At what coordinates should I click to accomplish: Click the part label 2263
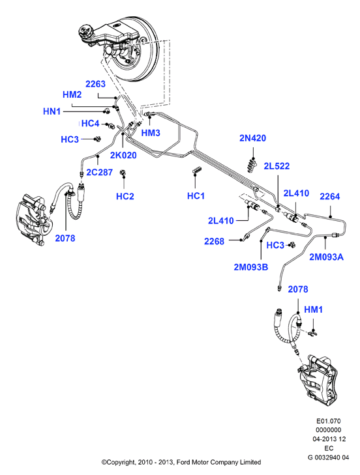(x=95, y=84)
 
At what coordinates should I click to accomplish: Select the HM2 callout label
(x=72, y=94)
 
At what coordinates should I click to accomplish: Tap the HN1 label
(x=52, y=111)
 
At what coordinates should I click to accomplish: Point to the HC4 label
(x=91, y=123)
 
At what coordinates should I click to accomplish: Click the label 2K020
(x=123, y=155)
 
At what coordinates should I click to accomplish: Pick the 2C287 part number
(x=100, y=172)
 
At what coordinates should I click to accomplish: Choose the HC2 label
(x=125, y=196)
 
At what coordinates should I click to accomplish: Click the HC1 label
(x=196, y=196)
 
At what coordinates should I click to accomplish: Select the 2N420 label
(x=252, y=138)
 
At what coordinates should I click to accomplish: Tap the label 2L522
(x=277, y=166)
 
